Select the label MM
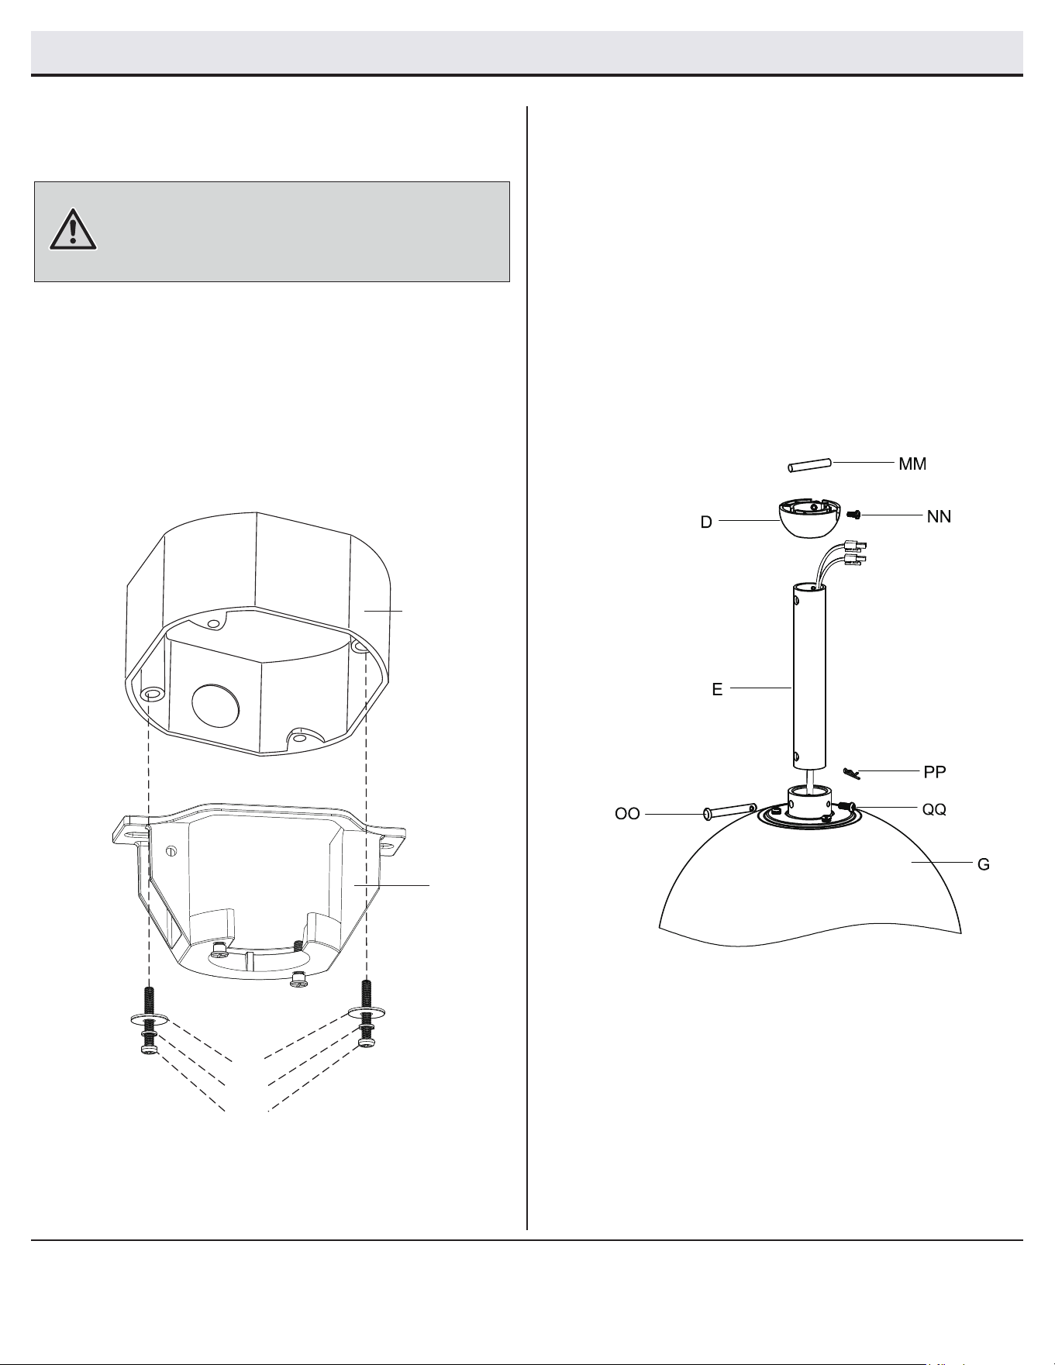pos(912,464)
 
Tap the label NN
pos(939,516)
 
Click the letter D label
pos(706,522)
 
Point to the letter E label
pos(717,689)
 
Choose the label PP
pos(935,773)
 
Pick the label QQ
pos(934,809)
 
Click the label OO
pos(627,815)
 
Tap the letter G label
pos(983,864)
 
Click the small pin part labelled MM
pos(809,465)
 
